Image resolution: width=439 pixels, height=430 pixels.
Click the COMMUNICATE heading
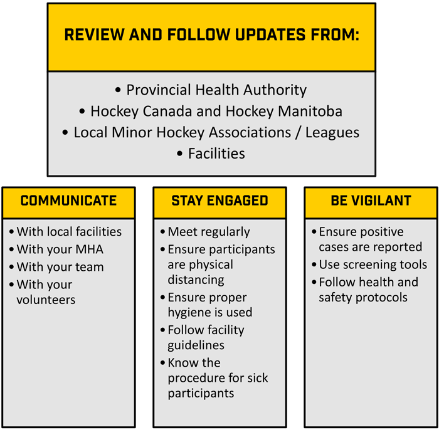68,201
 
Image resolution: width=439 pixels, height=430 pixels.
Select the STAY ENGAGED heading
219,201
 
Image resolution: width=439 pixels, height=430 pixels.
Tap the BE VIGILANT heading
371,201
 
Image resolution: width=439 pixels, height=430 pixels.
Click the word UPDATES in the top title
270,34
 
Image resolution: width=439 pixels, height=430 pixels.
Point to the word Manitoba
310,111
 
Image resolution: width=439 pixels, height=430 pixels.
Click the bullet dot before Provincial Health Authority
118,90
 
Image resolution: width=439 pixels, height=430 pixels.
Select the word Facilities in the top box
216,154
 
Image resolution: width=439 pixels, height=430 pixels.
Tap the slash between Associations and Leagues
298,133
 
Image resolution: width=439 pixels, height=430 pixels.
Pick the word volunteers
46,300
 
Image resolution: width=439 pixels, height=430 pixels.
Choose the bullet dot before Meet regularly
162,232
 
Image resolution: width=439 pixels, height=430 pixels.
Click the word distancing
196,280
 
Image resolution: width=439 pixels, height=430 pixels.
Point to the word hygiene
185,313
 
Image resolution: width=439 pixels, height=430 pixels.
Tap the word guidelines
196,345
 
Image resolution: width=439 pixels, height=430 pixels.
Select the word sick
258,378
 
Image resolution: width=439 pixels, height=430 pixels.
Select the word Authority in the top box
275,90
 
